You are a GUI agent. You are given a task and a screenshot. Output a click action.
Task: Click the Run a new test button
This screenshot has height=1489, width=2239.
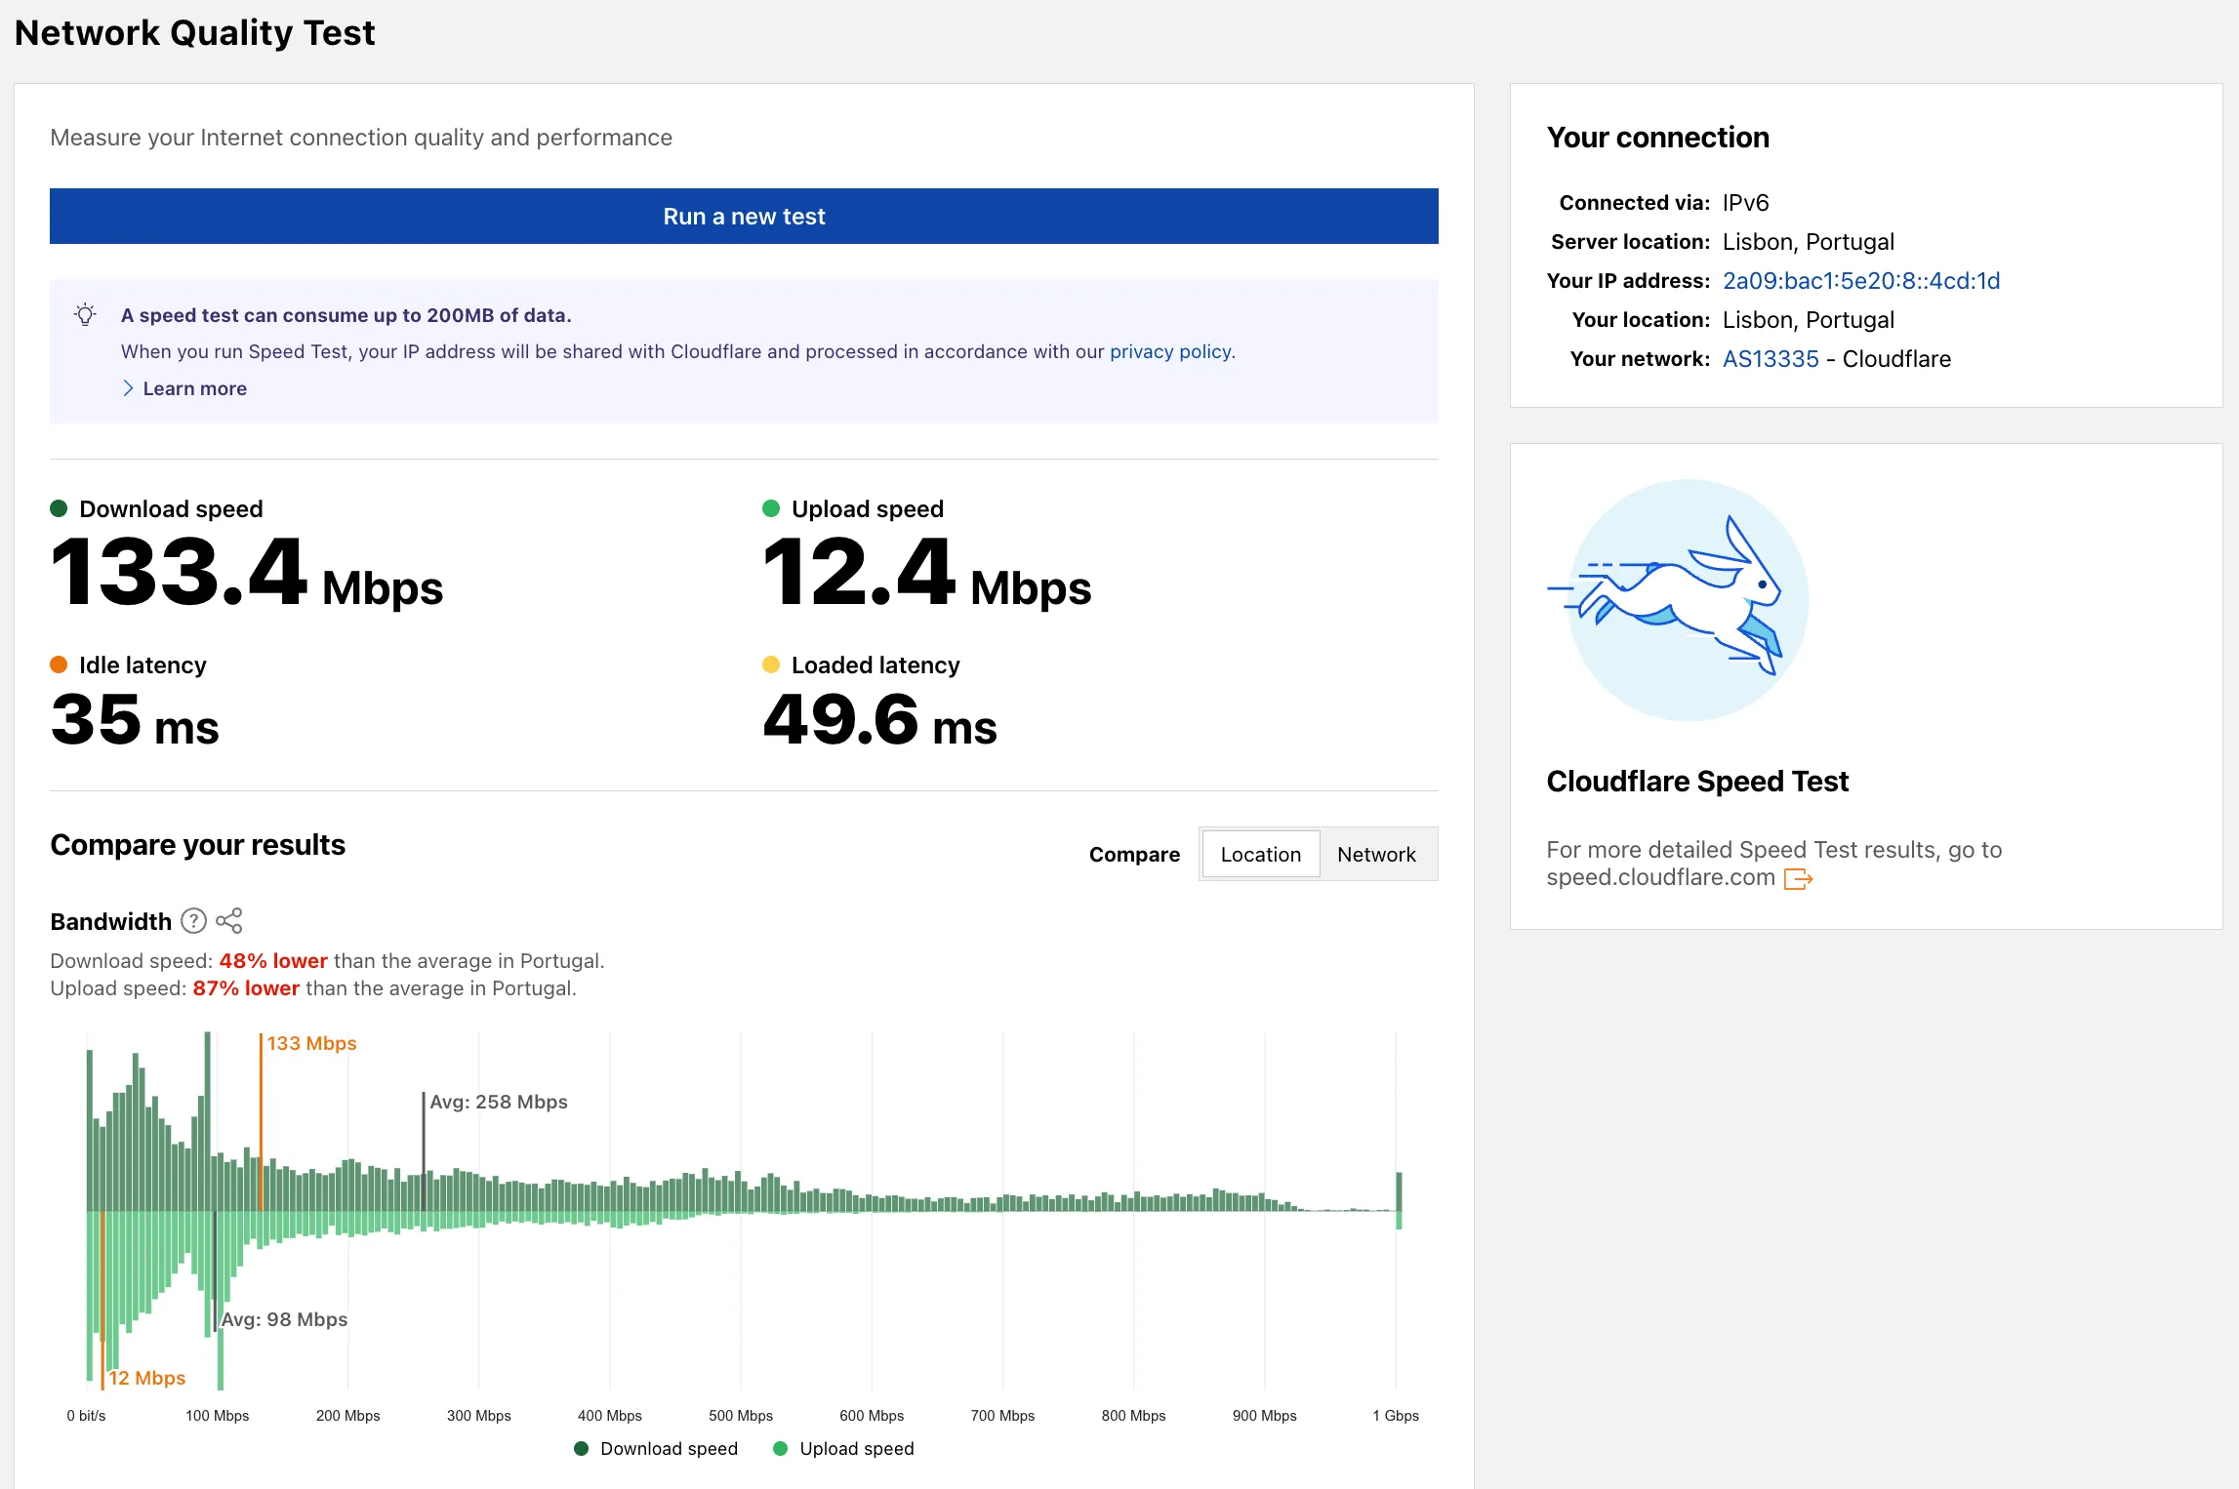(x=744, y=216)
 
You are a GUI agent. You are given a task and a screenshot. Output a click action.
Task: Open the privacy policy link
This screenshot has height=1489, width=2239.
(x=1170, y=351)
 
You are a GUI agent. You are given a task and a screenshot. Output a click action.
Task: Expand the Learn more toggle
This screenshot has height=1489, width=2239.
(x=184, y=388)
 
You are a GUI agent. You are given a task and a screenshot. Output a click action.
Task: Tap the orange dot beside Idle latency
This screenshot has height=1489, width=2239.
(x=59, y=664)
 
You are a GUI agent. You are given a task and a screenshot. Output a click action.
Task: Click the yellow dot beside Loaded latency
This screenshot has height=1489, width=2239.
(x=771, y=664)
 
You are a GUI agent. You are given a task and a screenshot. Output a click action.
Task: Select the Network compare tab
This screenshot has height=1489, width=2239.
(x=1376, y=855)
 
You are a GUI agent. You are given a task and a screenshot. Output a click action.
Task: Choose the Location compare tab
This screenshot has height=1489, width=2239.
(x=1260, y=855)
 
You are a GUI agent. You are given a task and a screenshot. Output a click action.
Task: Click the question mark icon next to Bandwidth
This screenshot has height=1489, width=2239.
(x=194, y=921)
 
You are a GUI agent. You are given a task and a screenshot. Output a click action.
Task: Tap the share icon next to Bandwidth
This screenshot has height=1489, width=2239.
(x=229, y=921)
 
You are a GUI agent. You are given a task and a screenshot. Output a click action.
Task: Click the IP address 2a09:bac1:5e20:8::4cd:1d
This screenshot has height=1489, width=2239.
(x=1860, y=281)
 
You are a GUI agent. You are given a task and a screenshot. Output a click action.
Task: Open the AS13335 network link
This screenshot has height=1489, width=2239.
(x=1770, y=359)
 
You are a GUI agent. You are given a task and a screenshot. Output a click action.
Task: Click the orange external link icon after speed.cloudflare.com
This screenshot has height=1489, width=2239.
(x=1797, y=879)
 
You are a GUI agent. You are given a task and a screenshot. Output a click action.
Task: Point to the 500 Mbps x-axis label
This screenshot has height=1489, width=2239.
(x=740, y=1415)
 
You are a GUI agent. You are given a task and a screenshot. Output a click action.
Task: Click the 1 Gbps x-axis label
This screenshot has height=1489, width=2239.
(x=1395, y=1415)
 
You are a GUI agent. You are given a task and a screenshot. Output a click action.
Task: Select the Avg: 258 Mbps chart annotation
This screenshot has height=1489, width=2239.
(x=498, y=1102)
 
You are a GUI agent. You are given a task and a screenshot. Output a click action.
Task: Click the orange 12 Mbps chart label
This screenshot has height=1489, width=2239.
(x=146, y=1378)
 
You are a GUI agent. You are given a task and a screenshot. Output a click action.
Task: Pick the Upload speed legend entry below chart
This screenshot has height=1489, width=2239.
(x=844, y=1449)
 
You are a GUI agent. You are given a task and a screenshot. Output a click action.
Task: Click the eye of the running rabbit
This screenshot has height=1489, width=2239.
(x=1763, y=584)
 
